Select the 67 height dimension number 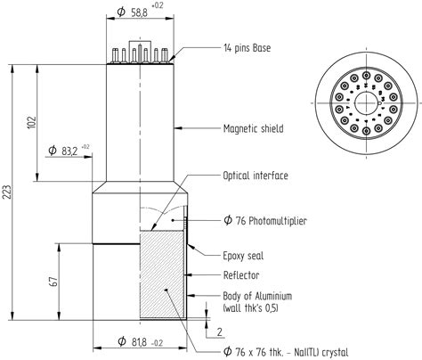click(54, 282)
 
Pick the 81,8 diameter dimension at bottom click(142, 342)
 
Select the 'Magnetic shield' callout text click(253, 128)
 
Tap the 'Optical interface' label click(255, 176)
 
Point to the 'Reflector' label click(242, 274)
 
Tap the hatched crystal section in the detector click(164, 276)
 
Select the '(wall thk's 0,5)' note click(254, 308)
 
